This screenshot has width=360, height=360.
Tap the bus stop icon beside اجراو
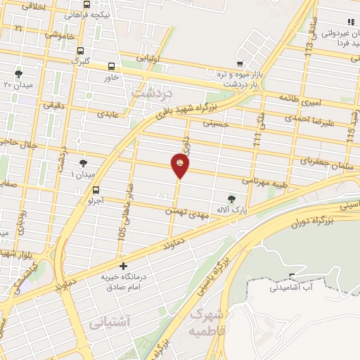coord(96,189)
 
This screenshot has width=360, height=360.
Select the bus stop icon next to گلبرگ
coord(81,51)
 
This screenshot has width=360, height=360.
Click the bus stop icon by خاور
coord(111,67)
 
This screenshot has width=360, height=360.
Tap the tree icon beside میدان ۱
coord(84,163)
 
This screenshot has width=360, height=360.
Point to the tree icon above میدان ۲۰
coord(19,73)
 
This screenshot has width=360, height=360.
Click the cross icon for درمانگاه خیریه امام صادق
coord(124,266)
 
